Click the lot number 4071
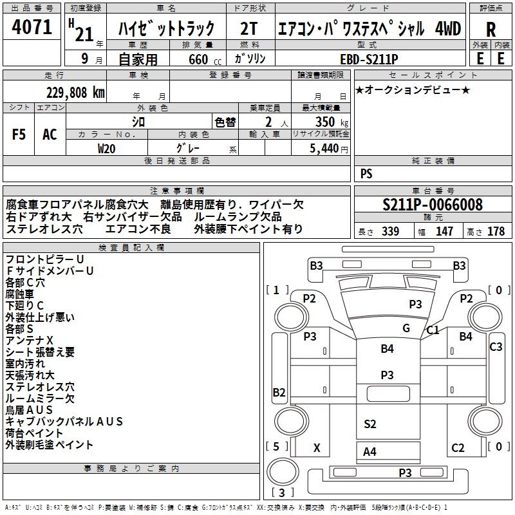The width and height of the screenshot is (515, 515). click(32, 27)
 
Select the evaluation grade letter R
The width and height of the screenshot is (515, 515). click(491, 30)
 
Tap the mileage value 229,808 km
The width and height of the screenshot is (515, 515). click(75, 93)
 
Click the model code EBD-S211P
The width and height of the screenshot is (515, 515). click(369, 59)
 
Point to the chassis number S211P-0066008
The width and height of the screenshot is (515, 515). click(433, 205)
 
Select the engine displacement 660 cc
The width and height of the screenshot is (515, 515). click(205, 59)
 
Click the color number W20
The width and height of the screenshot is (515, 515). click(106, 149)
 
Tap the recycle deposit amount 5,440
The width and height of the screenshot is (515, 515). click(324, 149)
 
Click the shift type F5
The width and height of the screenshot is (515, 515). click(19, 135)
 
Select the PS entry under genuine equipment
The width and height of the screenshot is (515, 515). click(366, 173)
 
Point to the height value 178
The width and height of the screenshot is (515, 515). click(496, 231)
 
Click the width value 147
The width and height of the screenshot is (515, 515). click(444, 231)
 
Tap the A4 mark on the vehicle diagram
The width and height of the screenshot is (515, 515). click(370, 452)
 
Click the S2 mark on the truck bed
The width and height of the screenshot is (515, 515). click(370, 424)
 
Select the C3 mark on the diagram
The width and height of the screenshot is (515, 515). click(496, 346)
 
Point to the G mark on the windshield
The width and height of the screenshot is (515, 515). click(406, 328)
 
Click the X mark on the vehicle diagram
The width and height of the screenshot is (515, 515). click(317, 447)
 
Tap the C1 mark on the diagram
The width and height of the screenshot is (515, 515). click(433, 330)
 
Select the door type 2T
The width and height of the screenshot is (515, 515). click(248, 29)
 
